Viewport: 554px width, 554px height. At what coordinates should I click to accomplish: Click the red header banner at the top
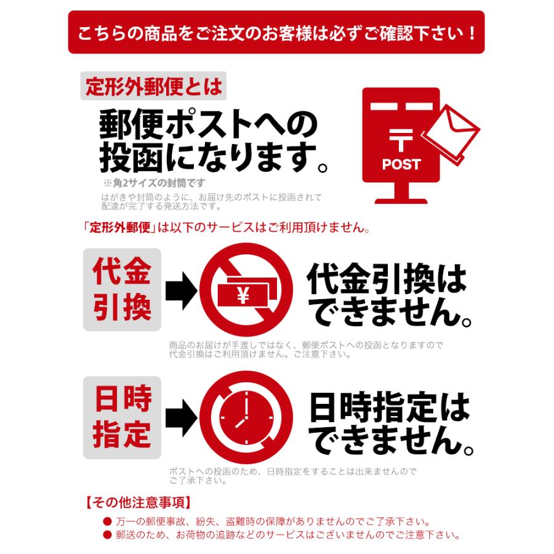click(276, 32)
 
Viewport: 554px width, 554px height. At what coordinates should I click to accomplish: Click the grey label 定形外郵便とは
click(153, 86)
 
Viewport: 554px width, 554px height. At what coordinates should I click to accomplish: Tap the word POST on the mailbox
click(401, 164)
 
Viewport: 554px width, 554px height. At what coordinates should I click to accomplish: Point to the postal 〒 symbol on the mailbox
click(401, 141)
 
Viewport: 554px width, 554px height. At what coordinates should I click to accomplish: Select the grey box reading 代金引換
click(122, 289)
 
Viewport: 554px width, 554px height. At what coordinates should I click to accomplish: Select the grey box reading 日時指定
click(122, 418)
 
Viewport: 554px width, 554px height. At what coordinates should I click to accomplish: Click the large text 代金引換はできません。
click(389, 297)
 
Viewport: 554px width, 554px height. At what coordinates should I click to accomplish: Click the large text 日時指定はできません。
click(390, 425)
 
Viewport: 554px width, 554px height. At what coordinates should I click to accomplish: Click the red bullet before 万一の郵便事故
click(107, 521)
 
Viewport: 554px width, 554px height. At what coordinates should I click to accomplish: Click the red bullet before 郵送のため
click(107, 534)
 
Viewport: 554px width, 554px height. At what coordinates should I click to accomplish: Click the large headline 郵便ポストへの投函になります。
click(213, 142)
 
